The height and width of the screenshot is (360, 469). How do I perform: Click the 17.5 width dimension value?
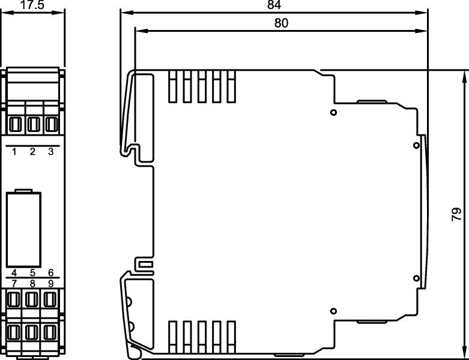[32, 5]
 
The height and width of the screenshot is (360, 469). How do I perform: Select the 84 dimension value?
[274, 5]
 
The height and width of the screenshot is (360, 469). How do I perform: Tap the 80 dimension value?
[281, 23]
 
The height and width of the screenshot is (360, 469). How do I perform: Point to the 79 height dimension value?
[456, 215]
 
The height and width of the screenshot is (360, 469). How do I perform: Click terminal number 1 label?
[14, 152]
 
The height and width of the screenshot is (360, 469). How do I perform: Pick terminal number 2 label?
[32, 152]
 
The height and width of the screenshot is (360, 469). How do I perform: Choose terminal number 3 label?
[50, 152]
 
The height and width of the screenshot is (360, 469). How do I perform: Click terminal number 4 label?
[14, 273]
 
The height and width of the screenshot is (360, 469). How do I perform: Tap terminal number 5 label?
[32, 273]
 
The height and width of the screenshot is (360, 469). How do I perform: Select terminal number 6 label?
[50, 273]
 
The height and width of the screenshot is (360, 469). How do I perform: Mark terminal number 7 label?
[14, 283]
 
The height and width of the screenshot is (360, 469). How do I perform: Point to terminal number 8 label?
[32, 283]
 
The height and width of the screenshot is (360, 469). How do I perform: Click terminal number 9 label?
[50, 283]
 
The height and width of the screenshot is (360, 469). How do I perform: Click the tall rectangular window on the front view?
[23, 229]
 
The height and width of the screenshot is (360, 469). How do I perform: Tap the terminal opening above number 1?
[16, 125]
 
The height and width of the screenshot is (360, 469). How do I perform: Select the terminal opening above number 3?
[51, 125]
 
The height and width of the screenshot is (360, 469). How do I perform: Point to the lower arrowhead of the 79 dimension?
[464, 353]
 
